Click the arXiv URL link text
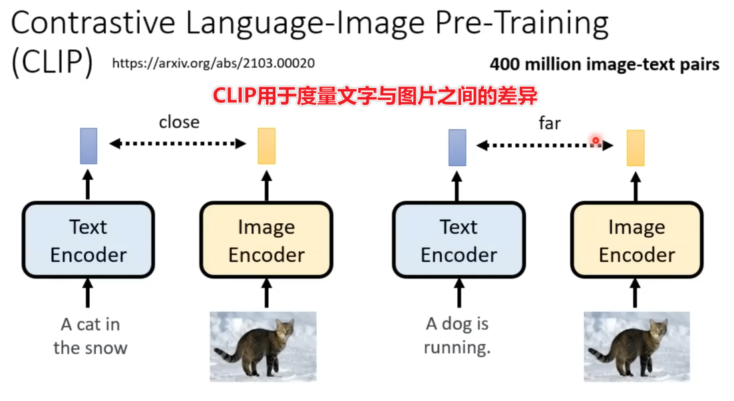pos(213,63)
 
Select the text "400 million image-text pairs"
pos(604,64)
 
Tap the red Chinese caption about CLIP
pos(375,96)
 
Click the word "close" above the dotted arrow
pos(179,122)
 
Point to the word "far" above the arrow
pos(549,123)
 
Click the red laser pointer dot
pos(596,141)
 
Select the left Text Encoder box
pos(89,240)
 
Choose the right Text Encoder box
pos(459,240)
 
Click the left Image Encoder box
pos(266,240)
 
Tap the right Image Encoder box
pos(636,240)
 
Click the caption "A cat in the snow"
pos(90,336)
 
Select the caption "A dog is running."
pos(457,336)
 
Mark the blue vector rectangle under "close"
pos(89,146)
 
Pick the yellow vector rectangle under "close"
pos(266,146)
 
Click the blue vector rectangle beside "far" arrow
pos(457,147)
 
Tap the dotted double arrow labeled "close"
pos(178,143)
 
